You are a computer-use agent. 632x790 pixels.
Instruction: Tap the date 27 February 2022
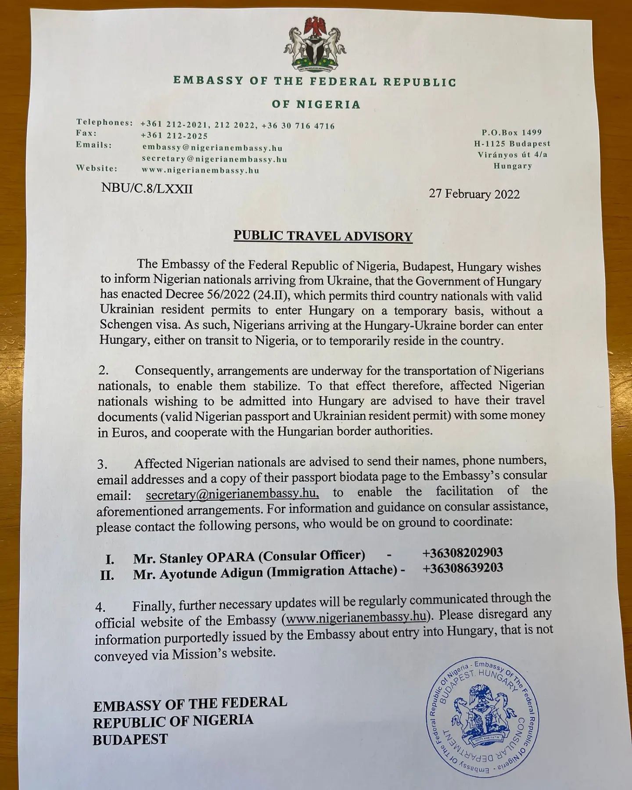tap(474, 194)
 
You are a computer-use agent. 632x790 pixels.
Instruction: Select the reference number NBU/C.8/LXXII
tap(147, 189)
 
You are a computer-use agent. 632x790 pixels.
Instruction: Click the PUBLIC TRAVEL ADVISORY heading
tap(323, 236)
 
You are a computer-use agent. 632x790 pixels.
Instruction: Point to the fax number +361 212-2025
tap(174, 136)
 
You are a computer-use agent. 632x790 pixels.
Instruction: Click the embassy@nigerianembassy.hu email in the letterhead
tap(212, 148)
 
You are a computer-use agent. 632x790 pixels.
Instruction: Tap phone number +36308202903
tap(463, 552)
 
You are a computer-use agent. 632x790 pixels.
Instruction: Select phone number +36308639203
tap(463, 568)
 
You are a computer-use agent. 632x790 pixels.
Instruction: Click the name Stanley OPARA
tap(206, 557)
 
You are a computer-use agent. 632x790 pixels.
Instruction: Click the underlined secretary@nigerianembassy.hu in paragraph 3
tap(232, 495)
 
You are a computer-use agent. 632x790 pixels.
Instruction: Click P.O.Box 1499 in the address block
tap(512, 132)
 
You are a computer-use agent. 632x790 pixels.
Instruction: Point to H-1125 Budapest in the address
tap(512, 144)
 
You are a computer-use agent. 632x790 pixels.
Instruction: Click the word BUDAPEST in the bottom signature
tap(130, 739)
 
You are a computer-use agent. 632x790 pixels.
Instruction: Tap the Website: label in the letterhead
tap(97, 168)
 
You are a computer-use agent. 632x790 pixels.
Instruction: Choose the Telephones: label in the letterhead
tap(104, 122)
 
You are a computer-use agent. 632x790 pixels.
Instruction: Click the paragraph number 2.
tap(104, 370)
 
